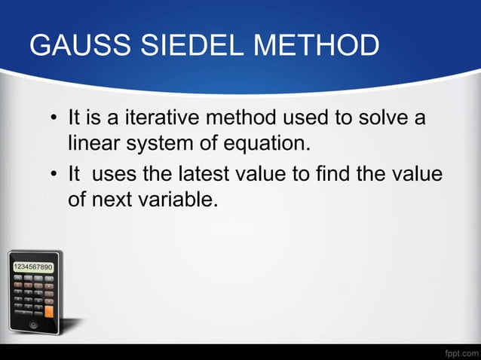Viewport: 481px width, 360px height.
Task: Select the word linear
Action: pos(93,142)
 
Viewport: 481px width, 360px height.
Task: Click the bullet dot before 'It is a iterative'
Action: pos(54,119)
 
